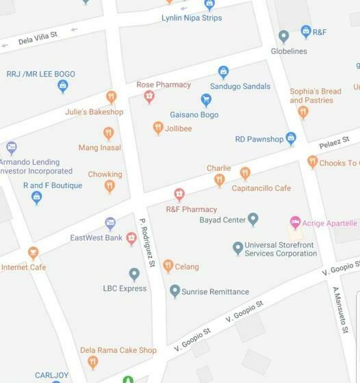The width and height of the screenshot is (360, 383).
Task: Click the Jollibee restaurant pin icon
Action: [158, 127]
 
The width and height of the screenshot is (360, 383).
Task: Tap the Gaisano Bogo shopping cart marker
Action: [206, 101]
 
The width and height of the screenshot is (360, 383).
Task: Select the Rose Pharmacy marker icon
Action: [149, 97]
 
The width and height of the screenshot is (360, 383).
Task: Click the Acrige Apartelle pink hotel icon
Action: [295, 222]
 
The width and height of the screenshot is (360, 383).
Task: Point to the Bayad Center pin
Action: [253, 220]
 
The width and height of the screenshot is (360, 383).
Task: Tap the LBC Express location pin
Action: [134, 274]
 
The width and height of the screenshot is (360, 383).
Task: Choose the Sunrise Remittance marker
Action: [175, 291]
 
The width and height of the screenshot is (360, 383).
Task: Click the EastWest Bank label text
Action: [96, 238]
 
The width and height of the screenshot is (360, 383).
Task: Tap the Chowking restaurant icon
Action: [109, 186]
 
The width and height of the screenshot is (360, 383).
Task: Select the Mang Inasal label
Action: [100, 148]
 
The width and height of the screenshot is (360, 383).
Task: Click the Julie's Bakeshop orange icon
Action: [111, 97]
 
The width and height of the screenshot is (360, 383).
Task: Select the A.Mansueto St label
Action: [336, 308]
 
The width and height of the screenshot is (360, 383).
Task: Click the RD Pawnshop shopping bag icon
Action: [291, 138]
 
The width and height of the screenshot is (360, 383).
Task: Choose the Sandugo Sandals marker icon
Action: [222, 72]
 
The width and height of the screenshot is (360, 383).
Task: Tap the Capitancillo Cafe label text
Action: [261, 188]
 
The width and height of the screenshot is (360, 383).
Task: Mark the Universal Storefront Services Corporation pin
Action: [237, 247]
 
